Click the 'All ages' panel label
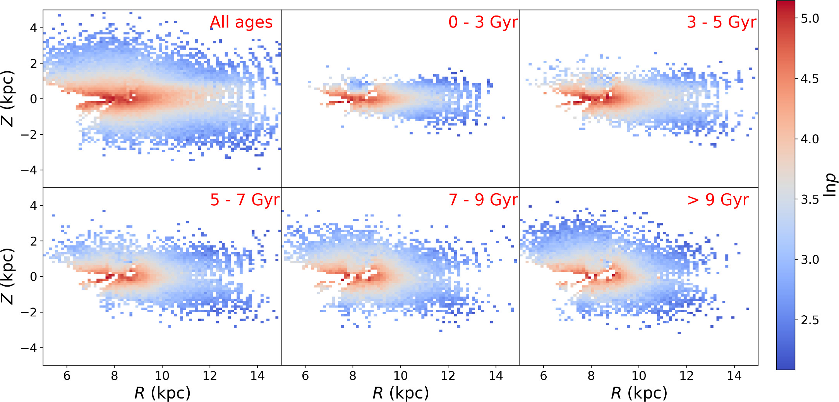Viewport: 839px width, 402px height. point(241,22)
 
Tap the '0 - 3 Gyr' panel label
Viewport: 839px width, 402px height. point(483,22)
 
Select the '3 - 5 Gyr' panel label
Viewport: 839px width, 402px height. point(721,22)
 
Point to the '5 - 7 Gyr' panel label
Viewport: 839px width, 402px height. point(245,200)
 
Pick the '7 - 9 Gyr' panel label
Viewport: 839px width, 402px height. point(483,200)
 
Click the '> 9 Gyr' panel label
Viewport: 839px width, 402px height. point(717,200)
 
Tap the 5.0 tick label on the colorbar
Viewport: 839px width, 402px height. point(810,19)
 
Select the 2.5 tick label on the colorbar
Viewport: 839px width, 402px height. point(810,320)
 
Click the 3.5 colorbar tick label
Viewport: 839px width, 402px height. point(810,199)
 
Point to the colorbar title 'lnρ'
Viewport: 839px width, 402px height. point(829,185)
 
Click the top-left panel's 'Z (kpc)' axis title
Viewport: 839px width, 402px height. point(8,99)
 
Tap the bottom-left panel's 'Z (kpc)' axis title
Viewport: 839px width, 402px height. point(8,276)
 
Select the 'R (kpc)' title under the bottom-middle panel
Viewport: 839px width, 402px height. point(400,393)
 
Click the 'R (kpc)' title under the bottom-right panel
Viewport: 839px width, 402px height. point(639,393)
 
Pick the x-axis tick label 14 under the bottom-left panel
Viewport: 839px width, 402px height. point(257,376)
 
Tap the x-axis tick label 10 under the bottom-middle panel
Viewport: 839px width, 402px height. point(400,376)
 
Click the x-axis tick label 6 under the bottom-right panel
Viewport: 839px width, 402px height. point(544,376)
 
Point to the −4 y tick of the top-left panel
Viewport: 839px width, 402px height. point(29,170)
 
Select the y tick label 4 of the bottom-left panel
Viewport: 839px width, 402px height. point(33,206)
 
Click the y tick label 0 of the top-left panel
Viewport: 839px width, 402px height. point(33,99)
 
